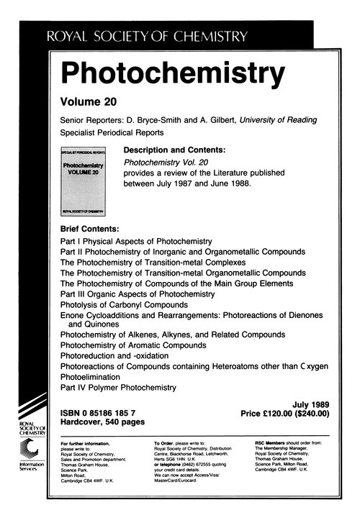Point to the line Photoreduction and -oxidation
click(x=114, y=355)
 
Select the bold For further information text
click(x=86, y=443)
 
